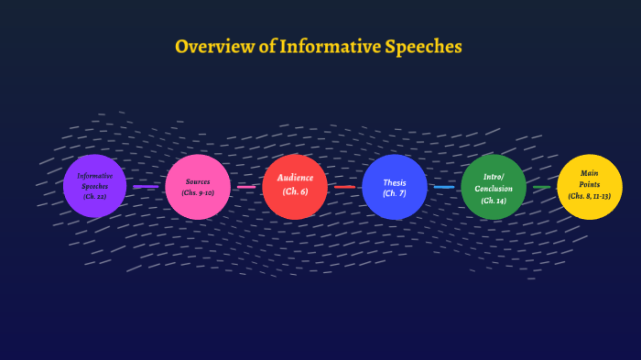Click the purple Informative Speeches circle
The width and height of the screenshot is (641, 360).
click(x=95, y=186)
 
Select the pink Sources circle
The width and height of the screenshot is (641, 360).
click(x=198, y=187)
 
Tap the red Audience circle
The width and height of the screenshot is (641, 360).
click(x=295, y=186)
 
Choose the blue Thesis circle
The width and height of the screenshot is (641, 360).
click(x=395, y=187)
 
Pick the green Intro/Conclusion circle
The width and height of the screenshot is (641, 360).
click(x=494, y=187)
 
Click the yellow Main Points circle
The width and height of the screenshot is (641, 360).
click(x=590, y=186)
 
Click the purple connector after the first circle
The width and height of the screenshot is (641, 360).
click(x=146, y=187)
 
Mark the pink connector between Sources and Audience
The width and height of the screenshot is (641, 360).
click(x=246, y=187)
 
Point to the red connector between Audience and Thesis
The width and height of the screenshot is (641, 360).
click(x=344, y=187)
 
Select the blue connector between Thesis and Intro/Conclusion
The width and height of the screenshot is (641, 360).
click(x=444, y=187)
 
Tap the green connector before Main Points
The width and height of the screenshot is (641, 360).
click(x=542, y=187)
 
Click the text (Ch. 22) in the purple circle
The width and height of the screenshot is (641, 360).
click(x=95, y=197)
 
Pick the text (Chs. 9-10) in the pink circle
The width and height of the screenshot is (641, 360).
click(x=198, y=193)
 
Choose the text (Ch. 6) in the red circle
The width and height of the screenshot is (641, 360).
click(x=295, y=191)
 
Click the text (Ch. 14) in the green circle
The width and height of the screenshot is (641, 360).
click(x=494, y=200)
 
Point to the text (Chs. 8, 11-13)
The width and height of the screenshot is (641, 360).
click(x=590, y=196)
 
